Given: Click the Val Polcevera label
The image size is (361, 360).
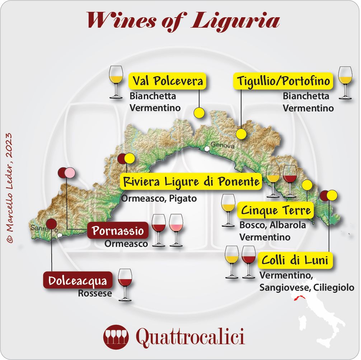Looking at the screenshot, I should [x=168, y=81].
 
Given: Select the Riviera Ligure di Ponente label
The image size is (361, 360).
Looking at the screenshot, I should [x=191, y=182].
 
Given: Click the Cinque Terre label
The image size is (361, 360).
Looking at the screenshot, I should [x=276, y=210].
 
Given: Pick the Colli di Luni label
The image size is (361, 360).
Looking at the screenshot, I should [x=295, y=260].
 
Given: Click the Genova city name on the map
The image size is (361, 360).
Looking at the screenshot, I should [x=222, y=146].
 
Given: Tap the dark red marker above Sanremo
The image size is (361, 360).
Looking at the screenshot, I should [x=51, y=224].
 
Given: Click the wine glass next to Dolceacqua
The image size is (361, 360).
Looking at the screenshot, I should [x=125, y=284].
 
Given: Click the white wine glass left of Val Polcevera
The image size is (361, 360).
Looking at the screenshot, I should [x=116, y=82].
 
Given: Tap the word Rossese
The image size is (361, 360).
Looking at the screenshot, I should [x=95, y=294].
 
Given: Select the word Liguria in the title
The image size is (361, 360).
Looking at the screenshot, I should [x=235, y=21].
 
